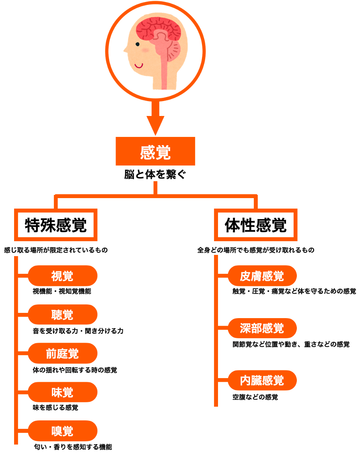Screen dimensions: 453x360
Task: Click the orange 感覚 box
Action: (155, 151)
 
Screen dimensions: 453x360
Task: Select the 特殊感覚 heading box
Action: (56, 225)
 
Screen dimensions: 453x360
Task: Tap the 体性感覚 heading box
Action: (255, 225)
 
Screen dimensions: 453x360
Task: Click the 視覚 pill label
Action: (62, 276)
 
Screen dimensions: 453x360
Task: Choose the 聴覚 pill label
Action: (62, 314)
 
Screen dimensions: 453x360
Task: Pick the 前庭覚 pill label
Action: (62, 354)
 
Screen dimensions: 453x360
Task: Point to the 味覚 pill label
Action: (62, 392)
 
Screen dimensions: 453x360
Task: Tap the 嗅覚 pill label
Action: (62, 431)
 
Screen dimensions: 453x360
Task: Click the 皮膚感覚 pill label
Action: (262, 276)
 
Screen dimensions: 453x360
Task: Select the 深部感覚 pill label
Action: (262, 328)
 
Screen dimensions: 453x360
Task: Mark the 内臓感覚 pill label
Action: (262, 380)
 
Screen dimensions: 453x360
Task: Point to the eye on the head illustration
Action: (138, 44)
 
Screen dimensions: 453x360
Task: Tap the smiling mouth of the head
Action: (139, 65)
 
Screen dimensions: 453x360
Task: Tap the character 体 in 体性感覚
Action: (232, 225)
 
